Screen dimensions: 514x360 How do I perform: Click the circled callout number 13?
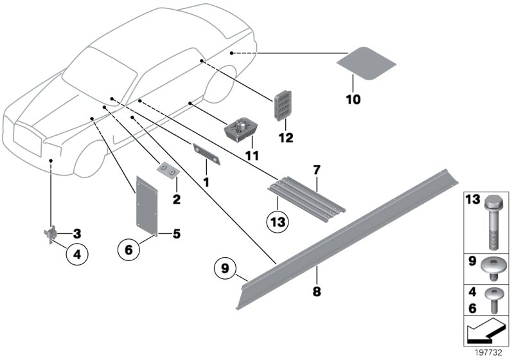pos(278,222)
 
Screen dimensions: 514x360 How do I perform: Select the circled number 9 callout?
pos(225,269)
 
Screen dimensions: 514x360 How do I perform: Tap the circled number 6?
pos(128,250)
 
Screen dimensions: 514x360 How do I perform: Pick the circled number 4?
pos(77,254)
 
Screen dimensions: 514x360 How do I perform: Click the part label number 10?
pos(353,99)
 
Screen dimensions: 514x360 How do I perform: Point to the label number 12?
pos(286,138)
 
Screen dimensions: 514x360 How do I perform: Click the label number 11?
pos(252,156)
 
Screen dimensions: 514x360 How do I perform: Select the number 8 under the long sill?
pos(317,291)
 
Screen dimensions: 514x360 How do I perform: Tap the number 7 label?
pos(316,170)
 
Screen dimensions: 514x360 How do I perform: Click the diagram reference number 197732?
pos(489,353)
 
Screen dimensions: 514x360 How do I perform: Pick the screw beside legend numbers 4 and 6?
pos(493,300)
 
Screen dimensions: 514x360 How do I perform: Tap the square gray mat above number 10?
pos(366,63)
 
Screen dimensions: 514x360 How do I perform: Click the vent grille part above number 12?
pos(282,105)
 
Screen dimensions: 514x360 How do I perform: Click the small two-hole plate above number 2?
pos(168,170)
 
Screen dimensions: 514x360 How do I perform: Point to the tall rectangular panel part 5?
pos(146,206)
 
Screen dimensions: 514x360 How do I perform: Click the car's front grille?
pos(28,138)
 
